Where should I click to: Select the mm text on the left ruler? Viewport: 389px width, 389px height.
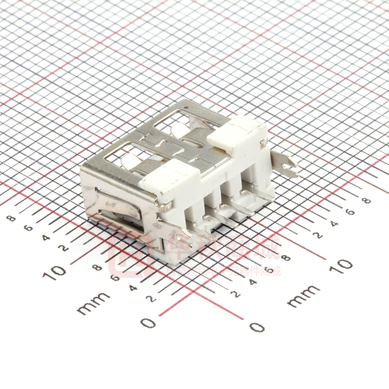[x=93, y=303]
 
